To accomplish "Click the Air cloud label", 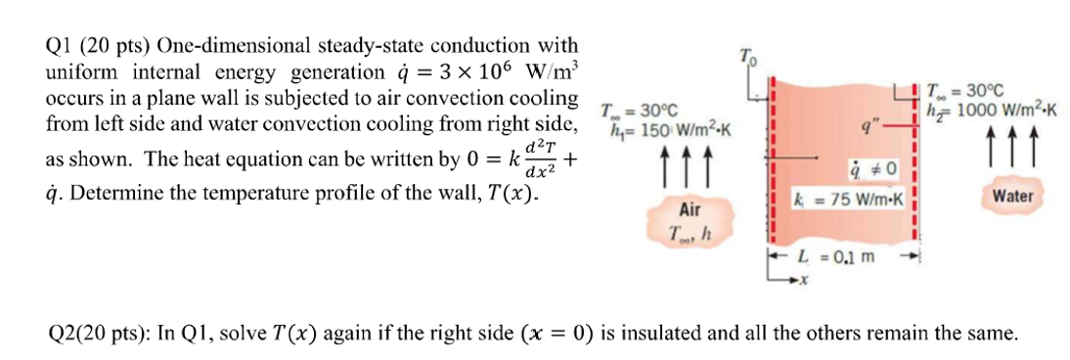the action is (x=690, y=210).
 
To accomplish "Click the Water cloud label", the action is (x=1012, y=197).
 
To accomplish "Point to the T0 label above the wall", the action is (x=748, y=54).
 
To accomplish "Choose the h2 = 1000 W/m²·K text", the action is (x=993, y=111).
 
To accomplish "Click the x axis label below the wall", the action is (x=804, y=281).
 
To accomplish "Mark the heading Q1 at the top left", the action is (x=61, y=46).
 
